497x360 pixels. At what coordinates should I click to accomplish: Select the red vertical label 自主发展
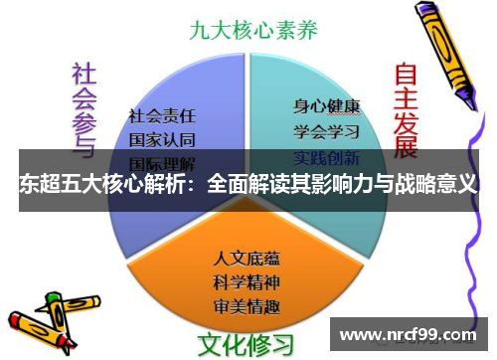406,109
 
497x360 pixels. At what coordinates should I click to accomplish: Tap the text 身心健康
325,104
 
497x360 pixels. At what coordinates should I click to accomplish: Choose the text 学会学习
325,130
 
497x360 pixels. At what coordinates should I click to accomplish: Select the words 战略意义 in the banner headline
437,184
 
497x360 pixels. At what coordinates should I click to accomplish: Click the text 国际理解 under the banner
162,161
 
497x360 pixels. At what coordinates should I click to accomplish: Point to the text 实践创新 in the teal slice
325,157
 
